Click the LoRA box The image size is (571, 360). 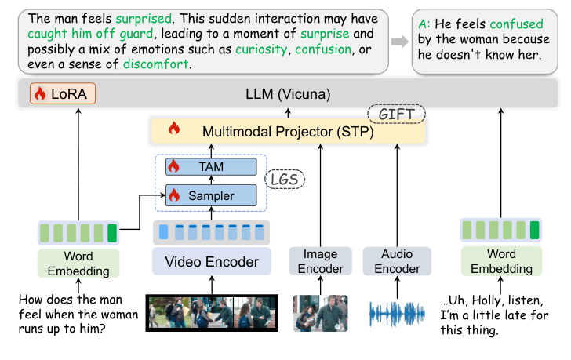[x=62, y=95]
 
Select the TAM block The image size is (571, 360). [x=210, y=167]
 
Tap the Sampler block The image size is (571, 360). [x=210, y=195]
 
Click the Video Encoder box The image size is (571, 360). [x=211, y=261]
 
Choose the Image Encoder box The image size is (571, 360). [x=321, y=261]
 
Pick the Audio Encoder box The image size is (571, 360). [x=397, y=261]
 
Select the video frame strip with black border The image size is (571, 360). [x=211, y=313]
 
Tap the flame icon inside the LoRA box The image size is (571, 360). [x=39, y=95]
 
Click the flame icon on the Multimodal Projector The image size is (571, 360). [x=174, y=129]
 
